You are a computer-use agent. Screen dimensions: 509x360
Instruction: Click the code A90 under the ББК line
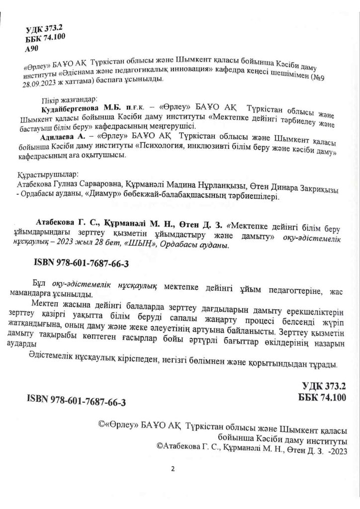(x=31, y=50)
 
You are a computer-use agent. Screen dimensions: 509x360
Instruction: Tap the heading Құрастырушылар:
(x=48, y=176)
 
